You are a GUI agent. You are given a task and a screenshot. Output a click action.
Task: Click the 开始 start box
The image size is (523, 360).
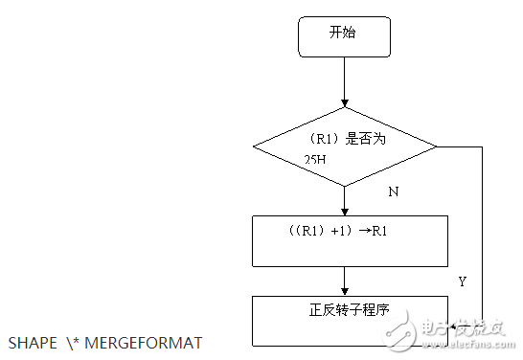[344, 36]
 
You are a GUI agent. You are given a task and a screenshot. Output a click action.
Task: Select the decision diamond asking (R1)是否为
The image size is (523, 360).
[344, 147]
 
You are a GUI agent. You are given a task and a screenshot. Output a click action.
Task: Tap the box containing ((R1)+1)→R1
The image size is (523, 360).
[350, 240]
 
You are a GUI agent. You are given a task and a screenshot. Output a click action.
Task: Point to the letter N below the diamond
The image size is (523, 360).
[393, 191]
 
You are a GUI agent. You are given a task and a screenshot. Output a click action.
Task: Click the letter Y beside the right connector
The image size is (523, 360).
[462, 282]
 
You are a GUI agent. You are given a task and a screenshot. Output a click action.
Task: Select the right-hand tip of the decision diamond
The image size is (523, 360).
[435, 147]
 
